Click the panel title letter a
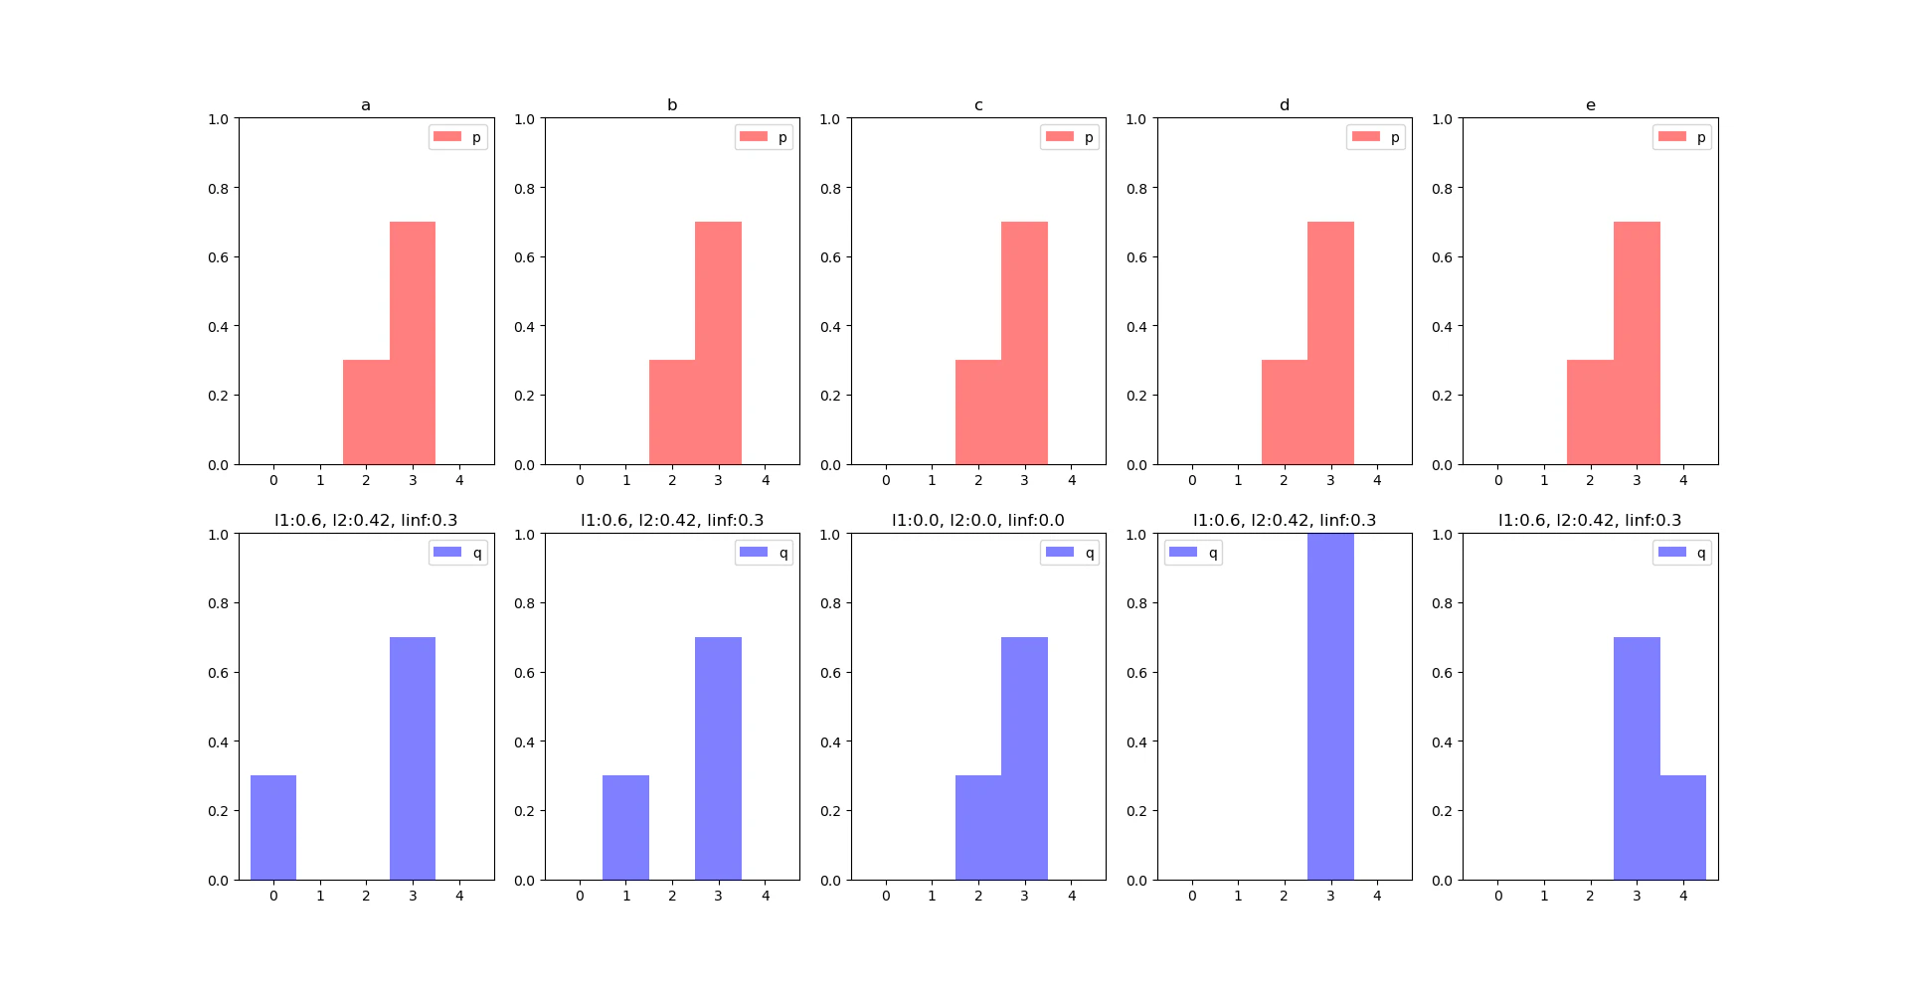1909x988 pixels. point(366,105)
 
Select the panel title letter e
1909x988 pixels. point(1590,105)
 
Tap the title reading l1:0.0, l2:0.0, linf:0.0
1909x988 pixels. point(977,520)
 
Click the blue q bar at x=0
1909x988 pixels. point(273,827)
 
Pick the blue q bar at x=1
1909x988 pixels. point(625,827)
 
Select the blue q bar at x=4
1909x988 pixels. point(1682,827)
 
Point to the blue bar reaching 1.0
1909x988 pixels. point(1330,706)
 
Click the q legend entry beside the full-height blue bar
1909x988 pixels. point(1193,553)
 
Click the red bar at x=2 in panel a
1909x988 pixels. point(366,412)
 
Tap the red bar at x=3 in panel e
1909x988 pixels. point(1637,343)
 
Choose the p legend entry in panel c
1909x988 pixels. point(1070,137)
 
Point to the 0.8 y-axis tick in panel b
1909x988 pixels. point(524,188)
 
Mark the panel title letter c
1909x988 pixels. point(978,105)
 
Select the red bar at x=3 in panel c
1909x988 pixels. point(1024,343)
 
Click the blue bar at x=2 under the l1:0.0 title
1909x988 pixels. point(978,827)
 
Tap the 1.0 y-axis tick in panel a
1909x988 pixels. point(218,119)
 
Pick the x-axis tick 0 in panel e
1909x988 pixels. point(1498,480)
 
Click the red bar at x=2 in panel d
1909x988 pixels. point(1285,412)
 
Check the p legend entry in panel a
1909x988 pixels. point(458,137)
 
